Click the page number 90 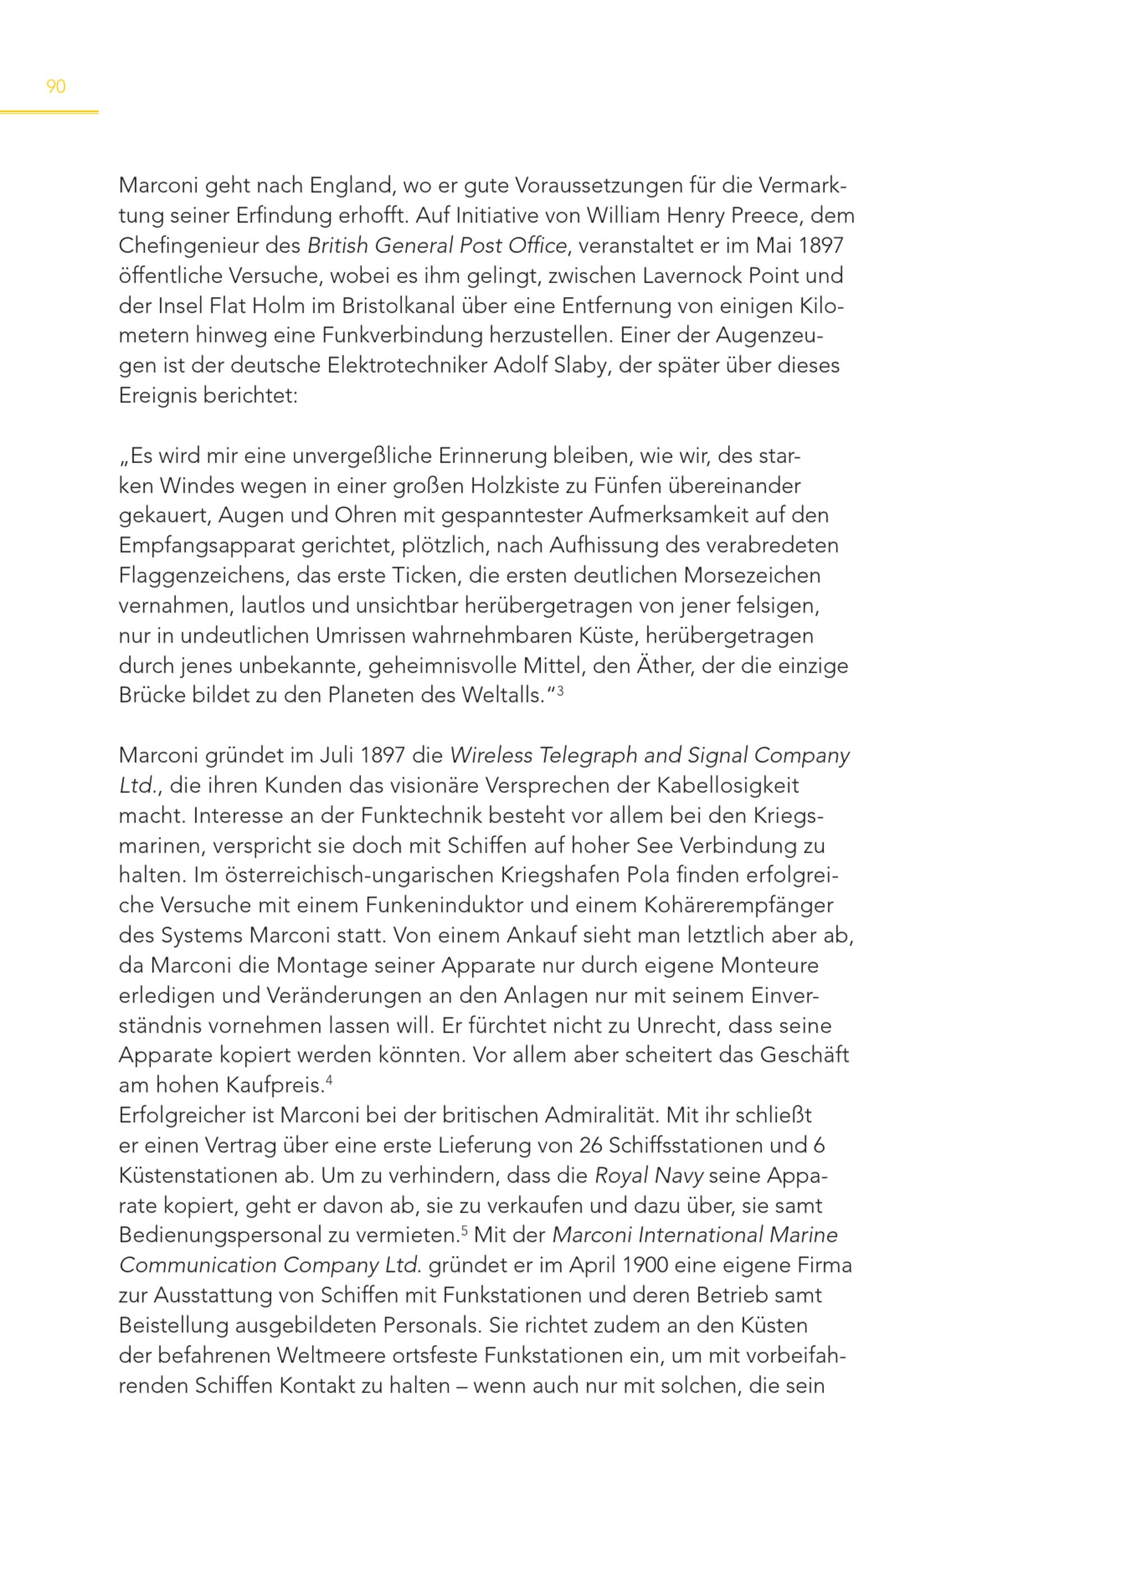click(x=56, y=87)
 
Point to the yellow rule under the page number click(x=49, y=112)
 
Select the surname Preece click(x=763, y=216)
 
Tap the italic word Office click(x=537, y=245)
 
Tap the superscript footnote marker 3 click(x=560, y=690)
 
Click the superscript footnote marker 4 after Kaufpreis click(x=329, y=1081)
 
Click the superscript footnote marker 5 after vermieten click(x=465, y=1231)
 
